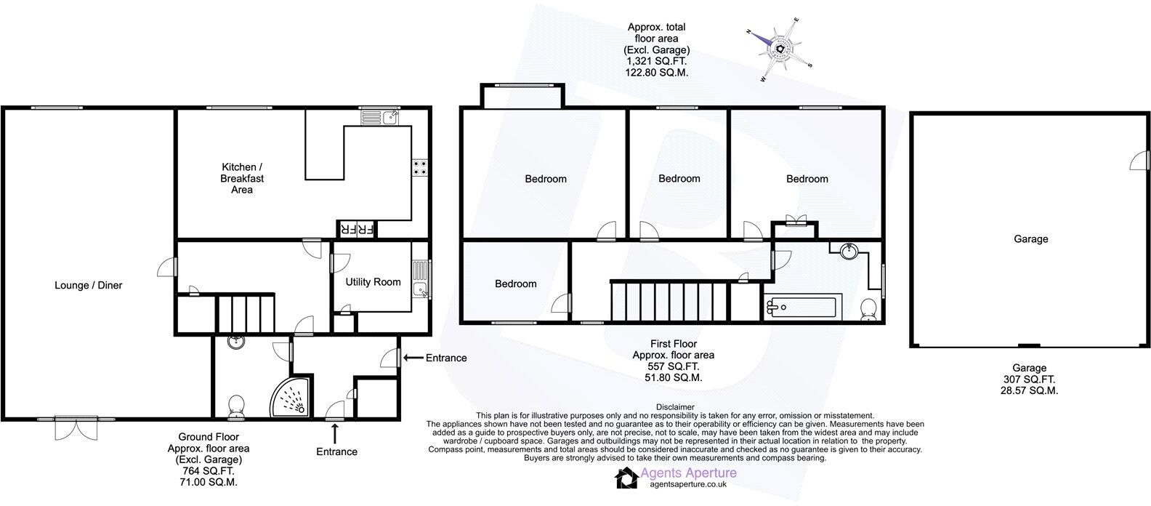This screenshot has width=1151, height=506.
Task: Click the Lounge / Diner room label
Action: (89, 286)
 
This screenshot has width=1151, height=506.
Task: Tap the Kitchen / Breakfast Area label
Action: (242, 178)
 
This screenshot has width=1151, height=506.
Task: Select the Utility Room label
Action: (373, 282)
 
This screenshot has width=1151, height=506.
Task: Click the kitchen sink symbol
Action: (379, 117)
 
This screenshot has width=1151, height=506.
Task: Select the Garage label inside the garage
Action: (1030, 238)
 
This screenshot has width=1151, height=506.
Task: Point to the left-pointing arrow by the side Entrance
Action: (412, 358)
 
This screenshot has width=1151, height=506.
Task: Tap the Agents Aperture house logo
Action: (626, 478)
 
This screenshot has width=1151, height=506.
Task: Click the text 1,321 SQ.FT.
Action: (656, 62)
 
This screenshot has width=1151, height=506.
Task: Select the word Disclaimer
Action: (675, 407)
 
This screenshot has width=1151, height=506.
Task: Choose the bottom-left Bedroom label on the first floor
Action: (516, 284)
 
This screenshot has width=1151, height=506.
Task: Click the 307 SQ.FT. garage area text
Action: (1030, 379)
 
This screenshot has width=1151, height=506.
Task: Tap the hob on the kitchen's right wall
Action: (419, 168)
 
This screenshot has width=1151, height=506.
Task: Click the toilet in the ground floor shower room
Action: (236, 406)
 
